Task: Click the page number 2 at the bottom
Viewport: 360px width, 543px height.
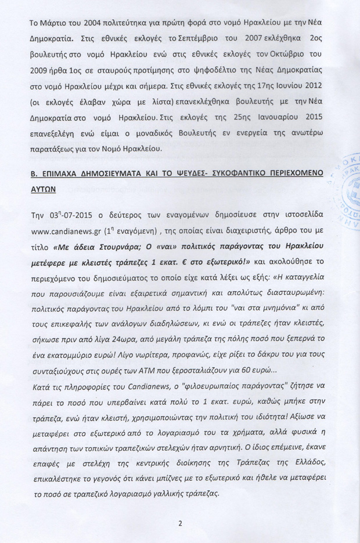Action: pyautogui.click(x=181, y=523)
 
